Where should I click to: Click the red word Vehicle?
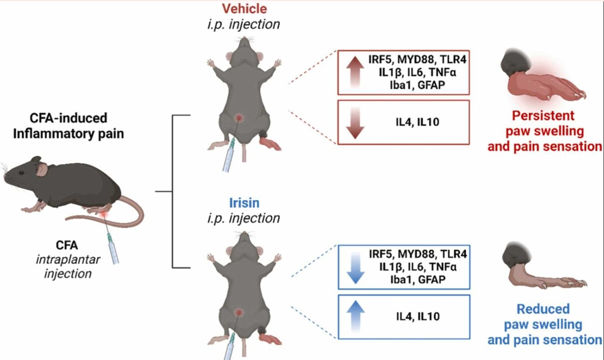coord(244,8)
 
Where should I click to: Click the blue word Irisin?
coord(244,203)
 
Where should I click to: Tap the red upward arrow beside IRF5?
coord(355,71)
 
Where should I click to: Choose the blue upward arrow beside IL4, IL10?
coord(355,317)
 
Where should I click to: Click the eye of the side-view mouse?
coord(21,172)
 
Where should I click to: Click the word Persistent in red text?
coord(543,115)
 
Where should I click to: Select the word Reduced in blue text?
coord(543,309)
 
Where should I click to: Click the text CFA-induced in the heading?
coord(68,118)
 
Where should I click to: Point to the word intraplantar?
coord(68,260)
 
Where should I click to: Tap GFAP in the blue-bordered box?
coord(432,279)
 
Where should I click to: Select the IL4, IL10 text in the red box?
coord(417,122)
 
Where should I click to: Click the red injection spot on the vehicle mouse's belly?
coord(239,118)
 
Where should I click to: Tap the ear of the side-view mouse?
coord(42,169)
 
